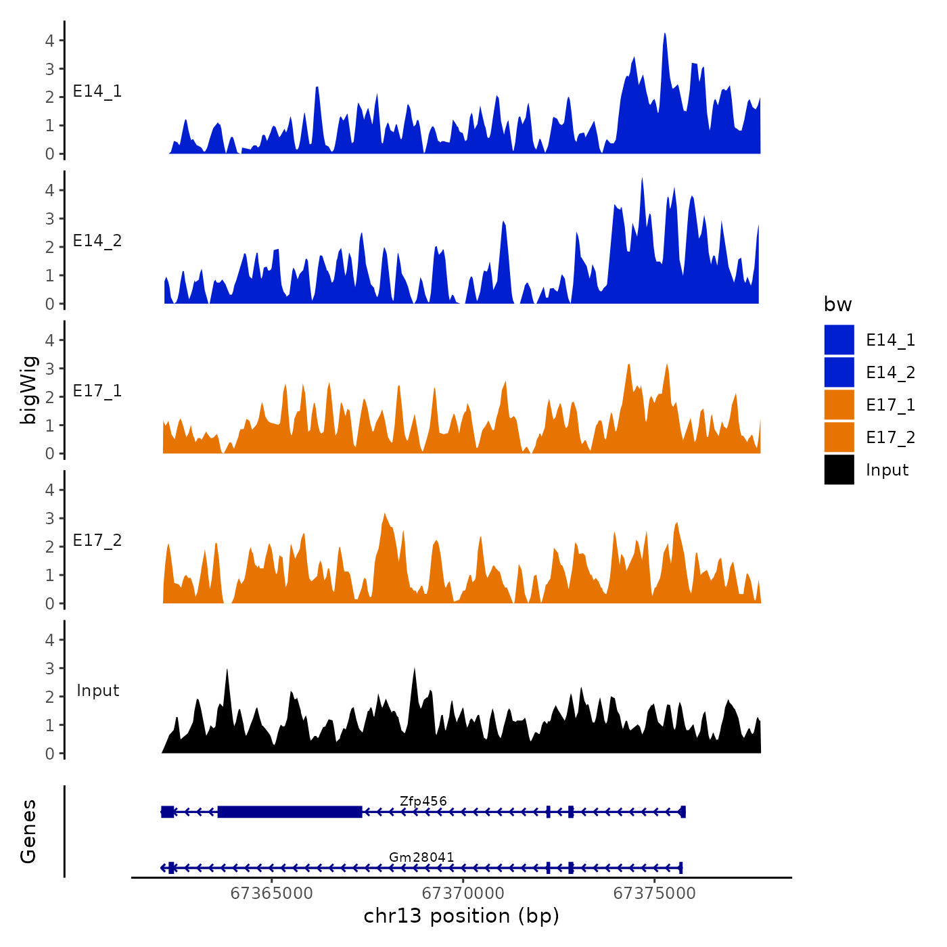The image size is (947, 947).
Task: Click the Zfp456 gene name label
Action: pos(423,802)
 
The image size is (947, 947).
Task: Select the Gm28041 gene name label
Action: pos(421,858)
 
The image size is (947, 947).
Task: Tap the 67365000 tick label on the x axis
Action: pos(272,894)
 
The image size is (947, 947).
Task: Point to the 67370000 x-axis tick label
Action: pos(463,894)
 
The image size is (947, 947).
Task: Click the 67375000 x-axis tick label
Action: pos(654,894)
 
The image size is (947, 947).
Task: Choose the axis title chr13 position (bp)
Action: pos(461,916)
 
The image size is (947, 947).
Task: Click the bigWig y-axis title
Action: pos(28,390)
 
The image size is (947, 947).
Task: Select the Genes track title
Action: pos(28,831)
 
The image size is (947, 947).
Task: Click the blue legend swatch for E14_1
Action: pos(839,340)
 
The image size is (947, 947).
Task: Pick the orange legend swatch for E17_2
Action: pos(839,438)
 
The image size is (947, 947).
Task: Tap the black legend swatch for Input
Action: pos(839,470)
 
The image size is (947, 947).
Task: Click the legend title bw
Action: pos(837,305)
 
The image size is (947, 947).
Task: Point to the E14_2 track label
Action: pos(97,241)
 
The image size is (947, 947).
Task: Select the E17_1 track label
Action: pos(97,391)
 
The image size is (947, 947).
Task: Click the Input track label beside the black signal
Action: pos(97,691)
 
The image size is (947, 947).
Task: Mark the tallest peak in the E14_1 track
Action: pos(665,34)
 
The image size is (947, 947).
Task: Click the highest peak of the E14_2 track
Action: pos(642,179)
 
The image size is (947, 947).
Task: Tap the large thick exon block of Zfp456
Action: pos(290,812)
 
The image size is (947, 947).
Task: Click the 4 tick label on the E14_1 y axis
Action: pos(49,41)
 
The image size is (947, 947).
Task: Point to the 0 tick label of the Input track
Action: pos(49,754)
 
